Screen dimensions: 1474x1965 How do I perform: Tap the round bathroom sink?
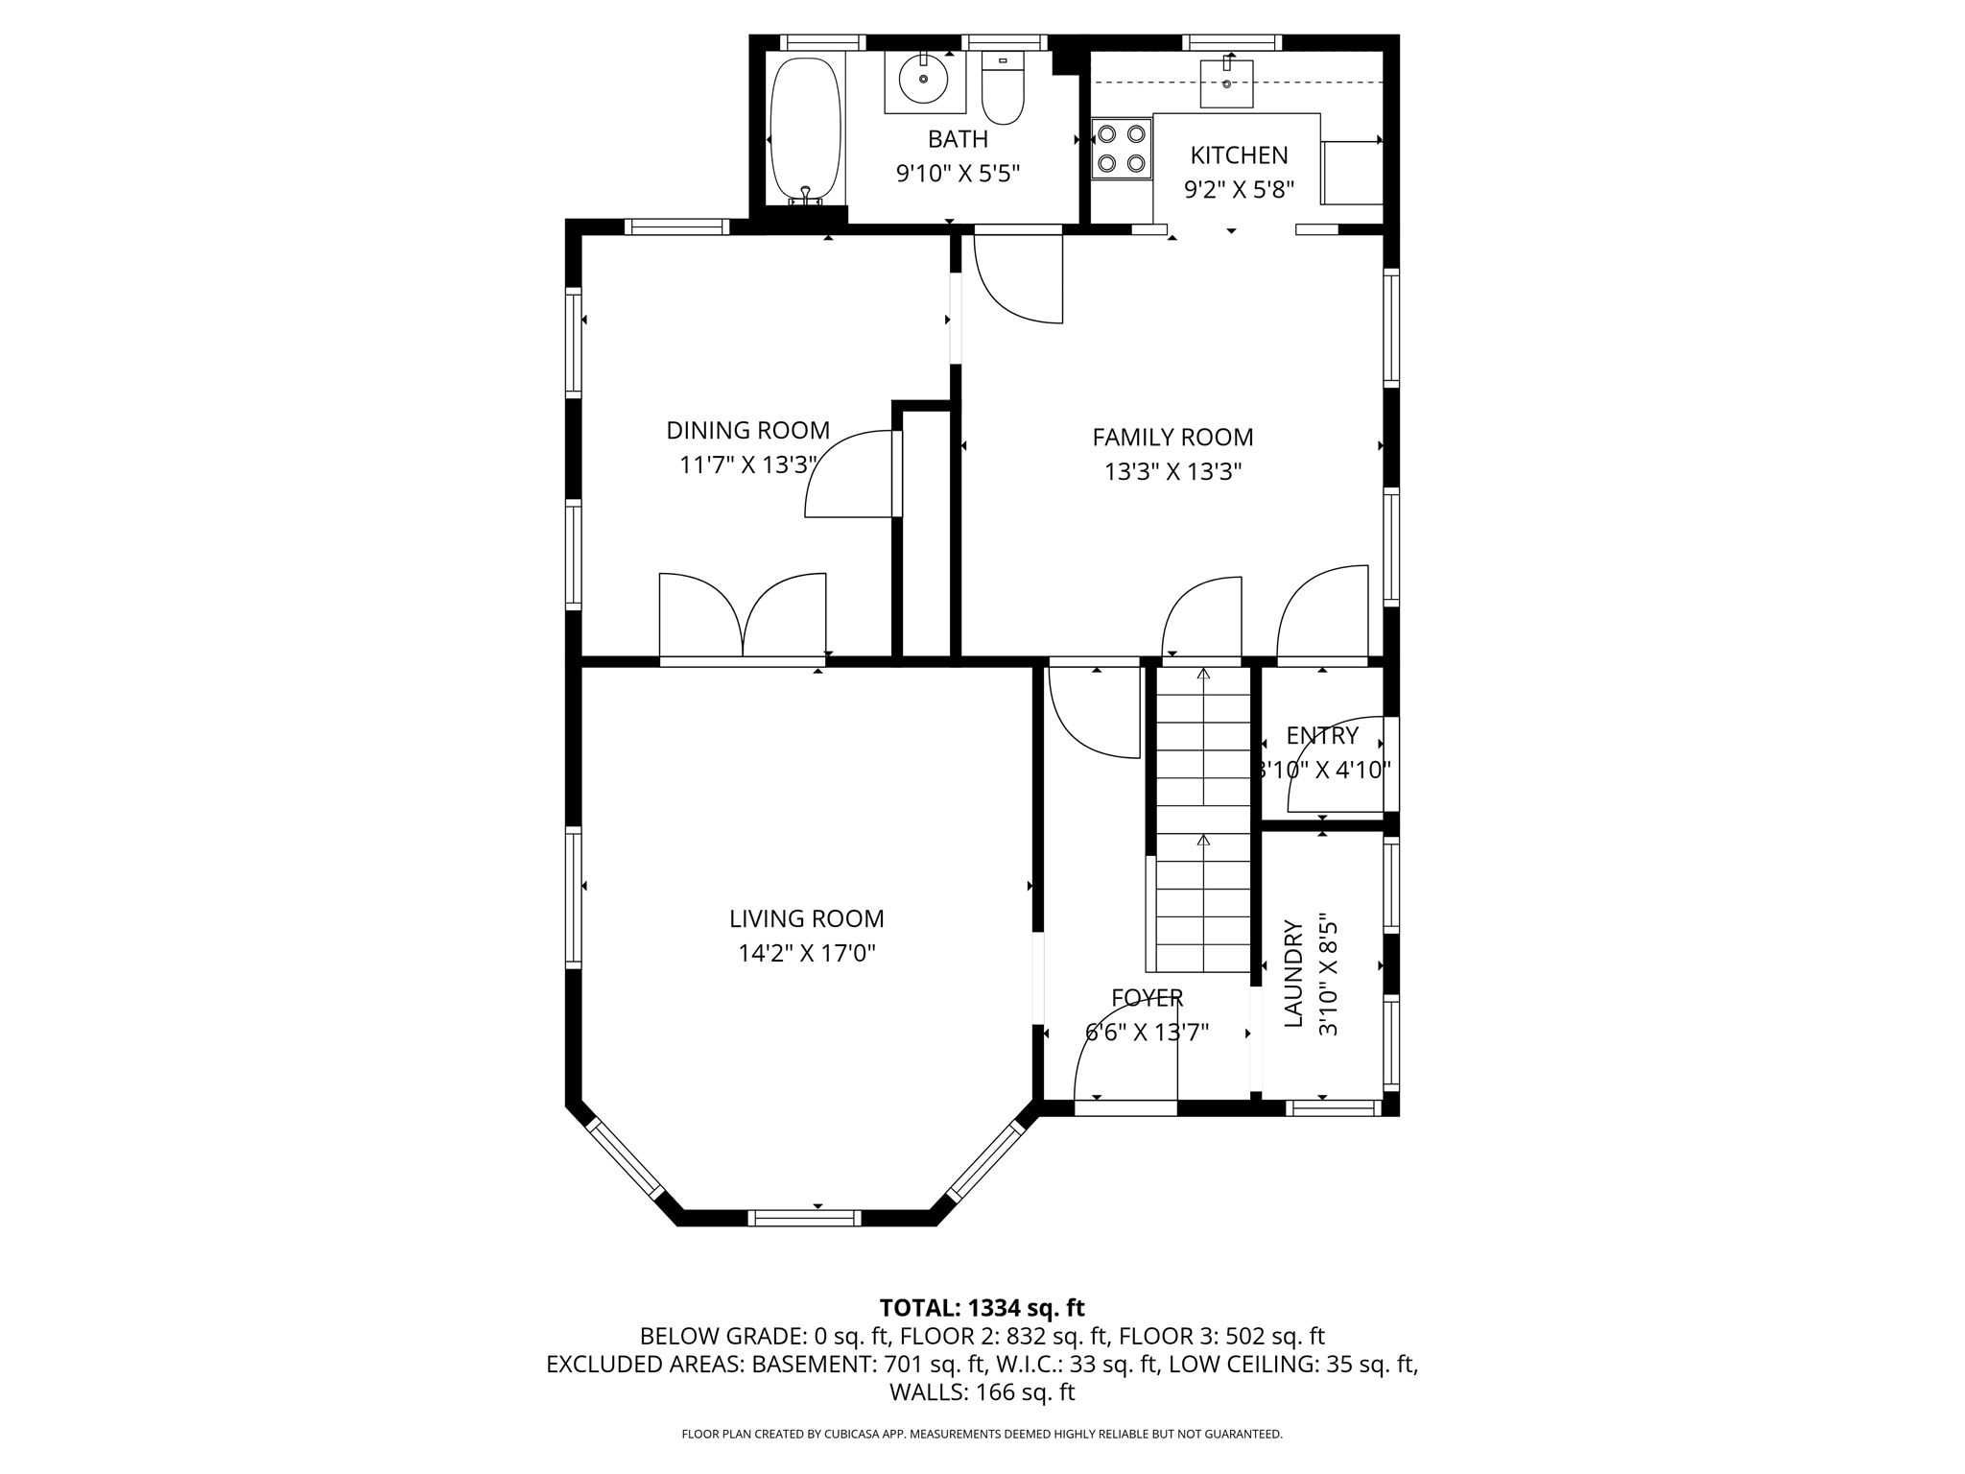click(x=924, y=80)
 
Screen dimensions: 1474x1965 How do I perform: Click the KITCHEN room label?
click(x=1239, y=155)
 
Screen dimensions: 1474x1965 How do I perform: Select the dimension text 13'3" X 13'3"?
click(x=1172, y=472)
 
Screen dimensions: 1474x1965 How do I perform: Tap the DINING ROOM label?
click(x=747, y=430)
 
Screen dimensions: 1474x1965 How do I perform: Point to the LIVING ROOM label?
click(x=806, y=918)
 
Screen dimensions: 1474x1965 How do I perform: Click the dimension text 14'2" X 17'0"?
click(x=806, y=954)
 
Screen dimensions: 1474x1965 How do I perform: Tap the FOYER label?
click(x=1147, y=998)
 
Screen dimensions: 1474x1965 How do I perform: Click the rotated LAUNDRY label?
click(x=1293, y=973)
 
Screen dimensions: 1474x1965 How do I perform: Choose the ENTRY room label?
click(x=1322, y=735)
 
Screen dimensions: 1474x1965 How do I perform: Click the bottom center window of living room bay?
click(x=804, y=1218)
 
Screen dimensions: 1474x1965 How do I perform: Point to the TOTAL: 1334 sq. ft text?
click(x=982, y=1307)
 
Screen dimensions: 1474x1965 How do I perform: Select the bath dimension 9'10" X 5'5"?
click(x=957, y=174)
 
